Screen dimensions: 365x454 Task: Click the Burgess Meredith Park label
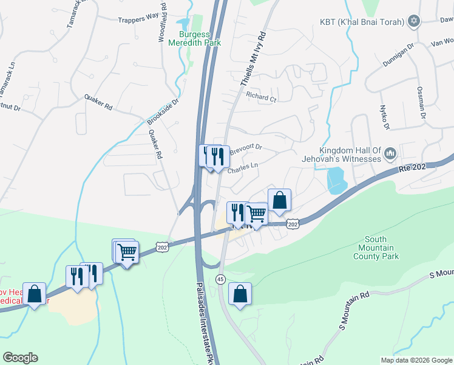[x=200, y=39]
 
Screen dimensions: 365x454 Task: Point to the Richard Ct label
[x=261, y=97]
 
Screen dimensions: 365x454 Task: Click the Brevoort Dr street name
[x=246, y=148]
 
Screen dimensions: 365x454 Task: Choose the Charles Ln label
[x=243, y=167]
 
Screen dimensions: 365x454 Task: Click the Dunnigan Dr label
[x=398, y=54]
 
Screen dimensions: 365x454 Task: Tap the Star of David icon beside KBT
[x=414, y=22]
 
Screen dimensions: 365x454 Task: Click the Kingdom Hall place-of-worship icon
[x=390, y=155]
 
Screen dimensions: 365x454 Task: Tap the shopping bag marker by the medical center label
[x=35, y=294]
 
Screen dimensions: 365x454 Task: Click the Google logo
[x=20, y=358]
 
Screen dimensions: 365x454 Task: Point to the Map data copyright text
[x=416, y=360]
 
